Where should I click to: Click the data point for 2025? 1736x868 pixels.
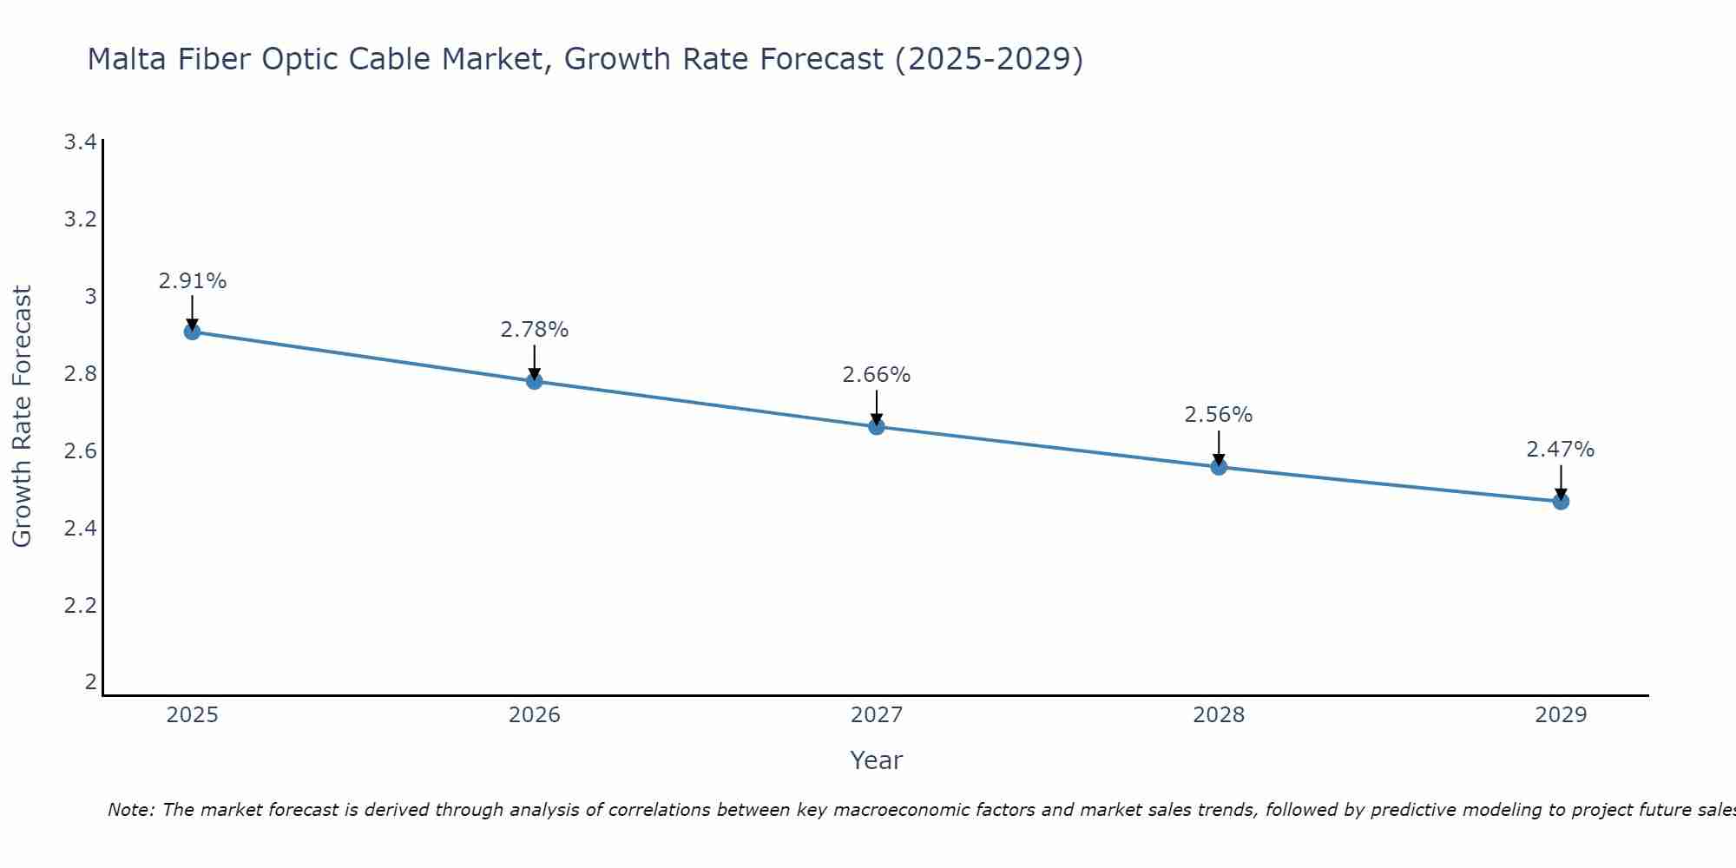coord(193,332)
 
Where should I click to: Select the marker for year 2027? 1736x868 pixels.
coord(877,426)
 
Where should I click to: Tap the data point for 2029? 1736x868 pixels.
coord(1561,501)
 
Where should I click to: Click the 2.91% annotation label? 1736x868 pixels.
coord(193,281)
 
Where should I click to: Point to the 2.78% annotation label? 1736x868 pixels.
coord(535,330)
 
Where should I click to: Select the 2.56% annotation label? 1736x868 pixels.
coord(1219,415)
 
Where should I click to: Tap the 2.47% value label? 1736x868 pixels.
coord(1561,450)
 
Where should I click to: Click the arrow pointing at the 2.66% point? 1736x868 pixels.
coord(877,406)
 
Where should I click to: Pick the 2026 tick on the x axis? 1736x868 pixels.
coord(535,715)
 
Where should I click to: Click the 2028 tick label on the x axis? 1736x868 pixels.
coord(1219,715)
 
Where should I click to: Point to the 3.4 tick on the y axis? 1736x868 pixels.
coord(80,142)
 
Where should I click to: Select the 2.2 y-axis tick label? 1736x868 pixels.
coord(80,605)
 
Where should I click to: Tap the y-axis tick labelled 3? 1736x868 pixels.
coord(90,297)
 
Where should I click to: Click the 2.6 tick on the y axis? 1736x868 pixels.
coord(80,451)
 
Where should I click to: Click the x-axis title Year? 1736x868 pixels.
coord(877,760)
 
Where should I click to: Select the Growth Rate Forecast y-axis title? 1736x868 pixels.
coord(23,417)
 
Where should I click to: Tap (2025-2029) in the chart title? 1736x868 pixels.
coord(990,60)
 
